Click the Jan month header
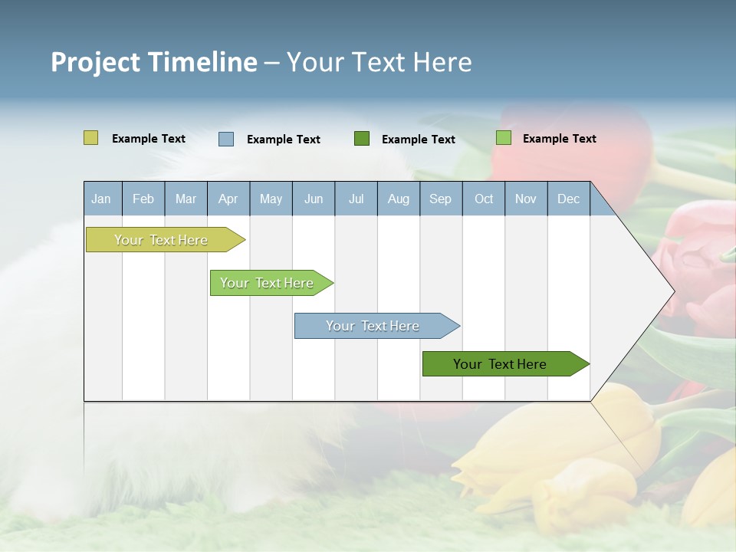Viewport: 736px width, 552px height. [101, 199]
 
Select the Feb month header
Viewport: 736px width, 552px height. [143, 199]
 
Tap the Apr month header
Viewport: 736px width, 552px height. [228, 199]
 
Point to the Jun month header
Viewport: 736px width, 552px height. [314, 199]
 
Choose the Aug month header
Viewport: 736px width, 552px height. [398, 199]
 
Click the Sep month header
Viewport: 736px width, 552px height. [440, 199]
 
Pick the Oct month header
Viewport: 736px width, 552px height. [484, 199]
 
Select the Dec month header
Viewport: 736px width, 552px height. [568, 199]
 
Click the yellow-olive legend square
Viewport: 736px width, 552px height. [90, 138]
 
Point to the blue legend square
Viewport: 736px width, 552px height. [226, 139]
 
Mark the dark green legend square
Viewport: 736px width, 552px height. [362, 139]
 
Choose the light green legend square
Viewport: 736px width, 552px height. [503, 138]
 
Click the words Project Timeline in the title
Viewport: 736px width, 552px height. [153, 62]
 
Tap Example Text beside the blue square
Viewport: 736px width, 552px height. [284, 140]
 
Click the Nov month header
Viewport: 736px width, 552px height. [526, 199]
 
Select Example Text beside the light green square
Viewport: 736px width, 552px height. [560, 139]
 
